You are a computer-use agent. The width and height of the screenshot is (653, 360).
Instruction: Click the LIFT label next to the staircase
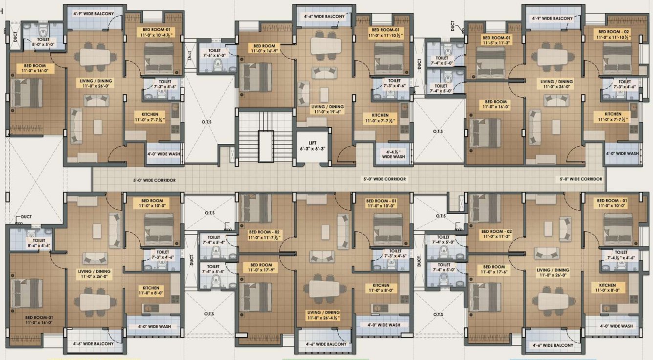point(313,142)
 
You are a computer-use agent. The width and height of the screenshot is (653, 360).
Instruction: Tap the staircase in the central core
point(258,137)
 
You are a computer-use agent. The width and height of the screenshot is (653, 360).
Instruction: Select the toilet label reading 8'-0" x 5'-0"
point(43,42)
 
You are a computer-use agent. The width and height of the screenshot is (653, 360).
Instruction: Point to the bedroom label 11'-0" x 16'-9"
point(264,48)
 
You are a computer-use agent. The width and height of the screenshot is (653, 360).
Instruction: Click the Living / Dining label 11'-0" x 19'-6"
point(327,109)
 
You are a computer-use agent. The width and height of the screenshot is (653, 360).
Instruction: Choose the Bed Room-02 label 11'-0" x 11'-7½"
point(264,234)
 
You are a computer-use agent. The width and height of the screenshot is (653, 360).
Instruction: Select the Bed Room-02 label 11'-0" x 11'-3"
point(496,234)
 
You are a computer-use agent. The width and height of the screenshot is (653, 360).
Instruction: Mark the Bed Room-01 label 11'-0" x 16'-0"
point(39,320)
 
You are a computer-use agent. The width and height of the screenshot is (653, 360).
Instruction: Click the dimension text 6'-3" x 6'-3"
point(313,148)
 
